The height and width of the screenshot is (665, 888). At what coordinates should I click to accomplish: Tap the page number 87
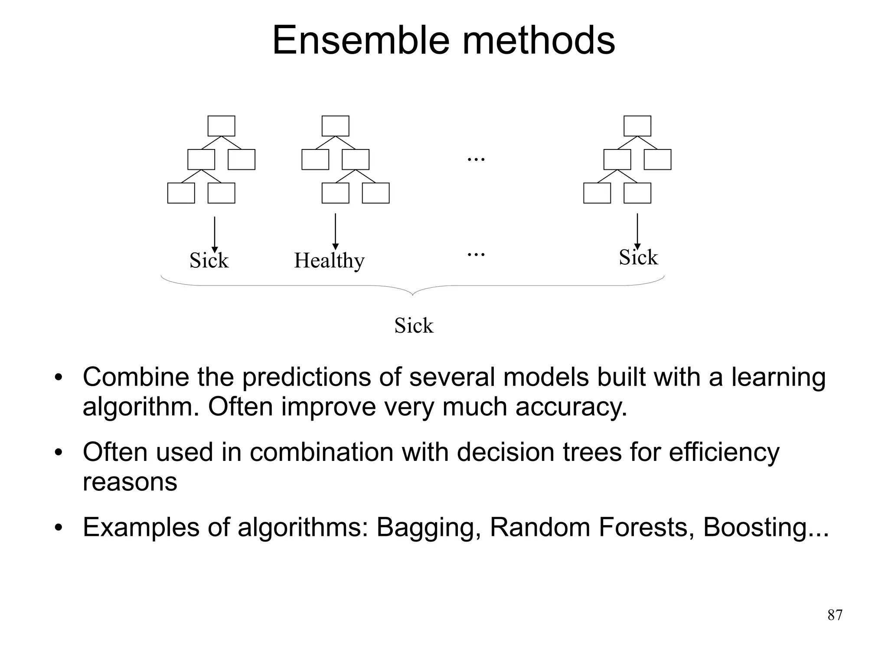tap(835, 615)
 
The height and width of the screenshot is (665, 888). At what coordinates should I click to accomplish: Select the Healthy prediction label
tap(329, 260)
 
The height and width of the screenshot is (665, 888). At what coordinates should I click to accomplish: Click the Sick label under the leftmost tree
tap(209, 260)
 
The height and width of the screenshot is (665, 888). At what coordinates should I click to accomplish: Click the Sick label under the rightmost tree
tap(638, 257)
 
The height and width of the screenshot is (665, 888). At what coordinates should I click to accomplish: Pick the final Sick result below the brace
tap(414, 325)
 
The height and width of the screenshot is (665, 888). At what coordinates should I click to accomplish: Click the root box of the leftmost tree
tap(221, 126)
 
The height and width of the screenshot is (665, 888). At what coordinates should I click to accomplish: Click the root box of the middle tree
tap(335, 126)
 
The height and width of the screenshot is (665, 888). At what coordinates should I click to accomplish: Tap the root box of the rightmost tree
tap(637, 126)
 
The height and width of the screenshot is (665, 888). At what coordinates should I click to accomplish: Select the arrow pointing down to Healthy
tap(335, 232)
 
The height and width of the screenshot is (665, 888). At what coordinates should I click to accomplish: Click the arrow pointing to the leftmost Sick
tap(214, 234)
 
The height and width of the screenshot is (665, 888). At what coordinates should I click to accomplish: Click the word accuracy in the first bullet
tap(571, 407)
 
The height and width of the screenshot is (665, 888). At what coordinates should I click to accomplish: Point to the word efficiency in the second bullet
tap(724, 452)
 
